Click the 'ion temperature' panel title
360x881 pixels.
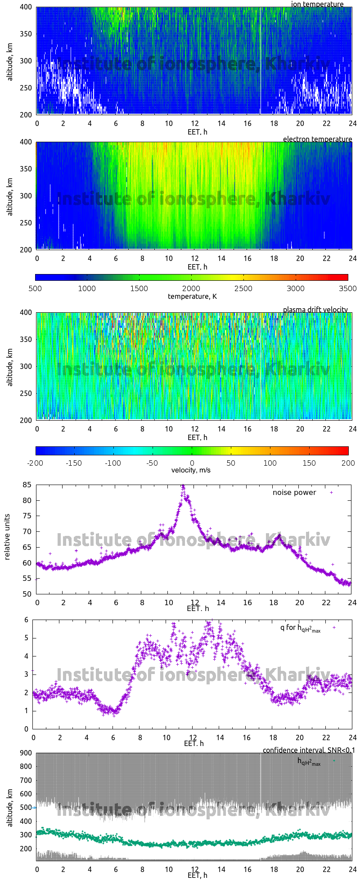click(317, 4)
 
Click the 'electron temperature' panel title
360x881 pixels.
click(317, 139)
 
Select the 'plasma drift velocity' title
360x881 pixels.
click(315, 310)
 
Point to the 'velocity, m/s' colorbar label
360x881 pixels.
click(191, 470)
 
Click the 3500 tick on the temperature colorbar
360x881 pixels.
click(347, 288)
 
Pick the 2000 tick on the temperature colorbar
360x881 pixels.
click(191, 288)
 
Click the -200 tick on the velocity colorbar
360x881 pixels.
click(36, 463)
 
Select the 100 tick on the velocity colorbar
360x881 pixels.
click(270, 463)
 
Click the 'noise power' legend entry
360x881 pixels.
click(294, 492)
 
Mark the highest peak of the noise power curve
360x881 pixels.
click(183, 486)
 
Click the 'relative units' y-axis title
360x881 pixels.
click(7, 539)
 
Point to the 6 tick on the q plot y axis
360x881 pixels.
click(27, 620)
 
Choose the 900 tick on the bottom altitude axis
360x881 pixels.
click(26, 753)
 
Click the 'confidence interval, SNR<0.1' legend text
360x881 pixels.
click(309, 750)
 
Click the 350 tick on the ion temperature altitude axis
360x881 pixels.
click(26, 34)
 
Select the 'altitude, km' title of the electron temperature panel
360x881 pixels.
click(10, 196)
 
